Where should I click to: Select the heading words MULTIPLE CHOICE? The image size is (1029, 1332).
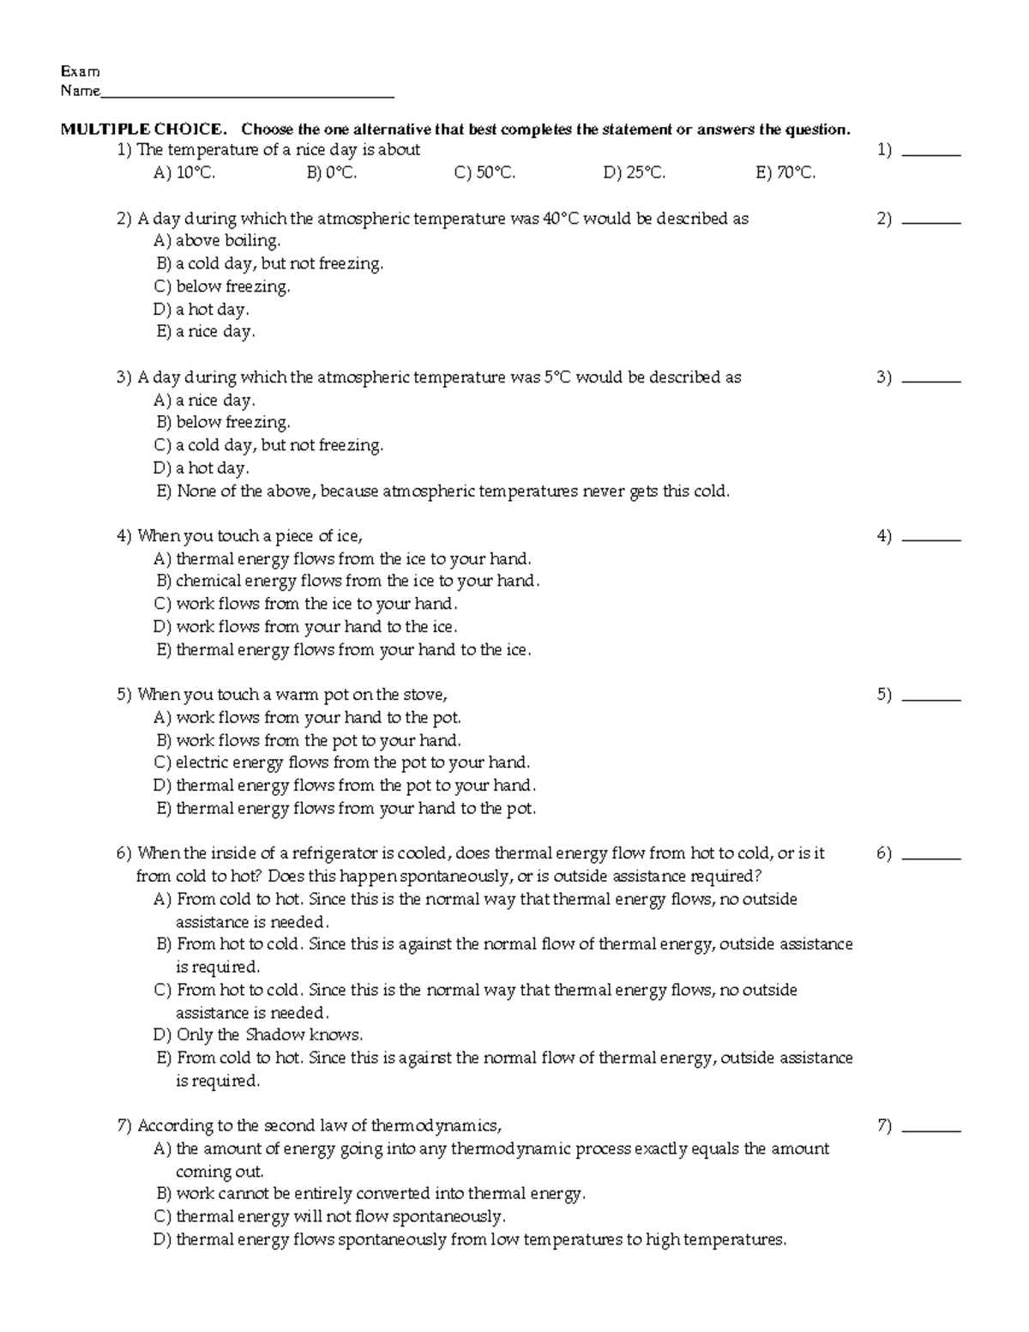point(142,130)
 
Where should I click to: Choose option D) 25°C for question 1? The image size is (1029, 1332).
point(634,173)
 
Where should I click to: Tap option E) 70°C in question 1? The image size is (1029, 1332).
point(785,173)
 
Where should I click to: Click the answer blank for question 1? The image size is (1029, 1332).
point(932,154)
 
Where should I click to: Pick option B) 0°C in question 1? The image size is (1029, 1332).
point(331,173)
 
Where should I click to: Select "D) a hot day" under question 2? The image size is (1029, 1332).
point(202,310)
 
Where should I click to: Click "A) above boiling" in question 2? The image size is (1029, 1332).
point(217,241)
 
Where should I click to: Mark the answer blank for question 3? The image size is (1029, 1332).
point(932,380)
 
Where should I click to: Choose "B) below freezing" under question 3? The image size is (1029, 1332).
point(223,423)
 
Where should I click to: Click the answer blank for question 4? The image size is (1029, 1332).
point(932,539)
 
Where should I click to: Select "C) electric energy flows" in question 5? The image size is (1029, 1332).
point(341,762)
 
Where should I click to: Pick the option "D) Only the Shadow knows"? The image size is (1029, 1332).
point(258,1035)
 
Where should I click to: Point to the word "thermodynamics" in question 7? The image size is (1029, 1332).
point(435,1126)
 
